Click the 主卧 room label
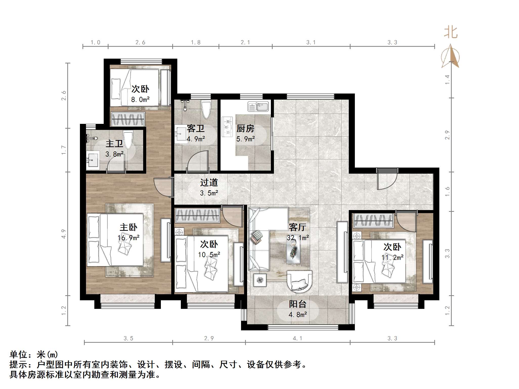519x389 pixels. pyautogui.click(x=128, y=227)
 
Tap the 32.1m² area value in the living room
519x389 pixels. pyautogui.click(x=298, y=238)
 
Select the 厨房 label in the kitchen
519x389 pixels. pyautogui.click(x=245, y=129)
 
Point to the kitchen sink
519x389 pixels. pyautogui.click(x=258, y=107)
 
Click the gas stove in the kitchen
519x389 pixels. pyautogui.click(x=227, y=127)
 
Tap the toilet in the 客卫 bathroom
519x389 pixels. pyautogui.click(x=206, y=109)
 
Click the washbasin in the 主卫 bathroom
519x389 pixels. pyautogui.click(x=92, y=160)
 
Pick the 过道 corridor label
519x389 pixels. pyautogui.click(x=209, y=182)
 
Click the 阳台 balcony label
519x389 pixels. pyautogui.click(x=298, y=304)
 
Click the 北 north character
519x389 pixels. pyautogui.click(x=451, y=33)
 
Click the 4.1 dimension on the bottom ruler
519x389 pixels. pyautogui.click(x=297, y=338)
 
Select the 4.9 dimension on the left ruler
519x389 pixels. pyautogui.click(x=63, y=234)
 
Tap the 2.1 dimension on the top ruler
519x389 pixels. pyautogui.click(x=245, y=42)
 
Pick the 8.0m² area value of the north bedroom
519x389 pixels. pyautogui.click(x=140, y=100)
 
